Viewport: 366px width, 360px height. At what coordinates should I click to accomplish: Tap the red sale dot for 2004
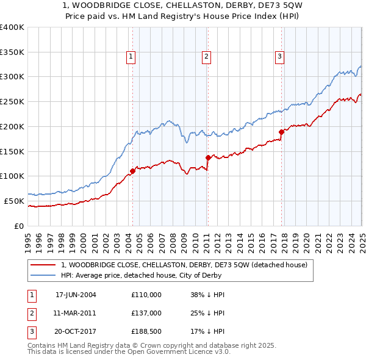pos(132,171)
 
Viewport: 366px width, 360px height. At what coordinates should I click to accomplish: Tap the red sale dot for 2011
pos(207,157)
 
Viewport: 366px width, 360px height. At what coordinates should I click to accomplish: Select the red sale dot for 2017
pos(281,132)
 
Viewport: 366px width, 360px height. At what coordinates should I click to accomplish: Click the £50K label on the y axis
pos(13,201)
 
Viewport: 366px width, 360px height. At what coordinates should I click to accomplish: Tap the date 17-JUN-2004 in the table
pos(76,295)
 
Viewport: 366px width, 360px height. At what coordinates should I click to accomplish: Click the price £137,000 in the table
pos(146,312)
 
